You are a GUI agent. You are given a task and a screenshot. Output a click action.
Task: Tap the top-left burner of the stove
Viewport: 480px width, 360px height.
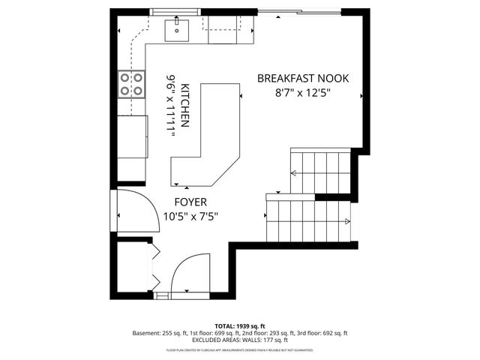125,77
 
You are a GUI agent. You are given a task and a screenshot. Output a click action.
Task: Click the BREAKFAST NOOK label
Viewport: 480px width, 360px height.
303,78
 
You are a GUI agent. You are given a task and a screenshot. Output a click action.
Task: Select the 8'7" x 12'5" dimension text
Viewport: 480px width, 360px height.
303,94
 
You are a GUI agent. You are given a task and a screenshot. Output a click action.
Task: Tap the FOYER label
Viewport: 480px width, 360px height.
190,202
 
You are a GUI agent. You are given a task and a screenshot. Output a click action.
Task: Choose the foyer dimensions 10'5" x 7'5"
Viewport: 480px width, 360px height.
190,217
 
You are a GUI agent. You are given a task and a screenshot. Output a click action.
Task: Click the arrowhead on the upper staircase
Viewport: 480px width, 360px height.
294,173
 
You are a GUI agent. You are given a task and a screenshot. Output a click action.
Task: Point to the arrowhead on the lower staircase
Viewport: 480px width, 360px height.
347,220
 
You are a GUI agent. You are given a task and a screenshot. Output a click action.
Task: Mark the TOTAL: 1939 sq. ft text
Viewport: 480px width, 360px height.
240,326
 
